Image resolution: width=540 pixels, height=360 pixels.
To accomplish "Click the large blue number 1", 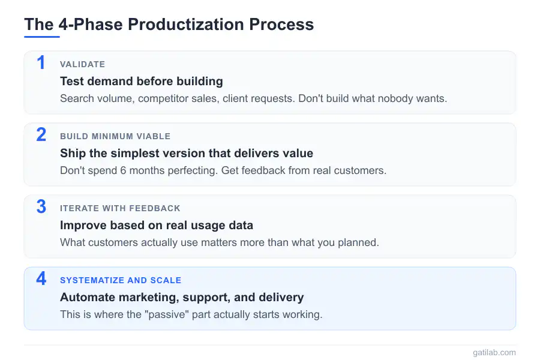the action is (x=41, y=62).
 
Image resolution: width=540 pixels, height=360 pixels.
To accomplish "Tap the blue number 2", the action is (x=41, y=134).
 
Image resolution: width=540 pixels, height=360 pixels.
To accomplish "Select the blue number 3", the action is (x=41, y=206).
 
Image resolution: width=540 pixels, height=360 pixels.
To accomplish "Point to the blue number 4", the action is (x=41, y=278).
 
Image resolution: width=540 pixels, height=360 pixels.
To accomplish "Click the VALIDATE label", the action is (x=83, y=64).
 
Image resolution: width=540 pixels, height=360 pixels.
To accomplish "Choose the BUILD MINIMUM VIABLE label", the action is (x=115, y=136).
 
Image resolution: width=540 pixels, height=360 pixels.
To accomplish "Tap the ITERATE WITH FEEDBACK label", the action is (x=120, y=208).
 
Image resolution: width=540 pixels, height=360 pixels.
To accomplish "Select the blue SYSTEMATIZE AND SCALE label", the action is (x=121, y=280).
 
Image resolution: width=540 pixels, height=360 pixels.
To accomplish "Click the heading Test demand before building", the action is (x=142, y=82).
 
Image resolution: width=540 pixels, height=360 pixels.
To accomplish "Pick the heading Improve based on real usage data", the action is (x=157, y=226).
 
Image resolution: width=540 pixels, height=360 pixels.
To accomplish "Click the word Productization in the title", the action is (x=185, y=25).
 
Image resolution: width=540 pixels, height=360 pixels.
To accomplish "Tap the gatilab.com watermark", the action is (x=494, y=352).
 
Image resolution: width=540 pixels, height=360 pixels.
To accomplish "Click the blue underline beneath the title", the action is (x=42, y=37).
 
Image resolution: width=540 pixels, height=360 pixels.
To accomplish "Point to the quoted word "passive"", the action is (x=167, y=314).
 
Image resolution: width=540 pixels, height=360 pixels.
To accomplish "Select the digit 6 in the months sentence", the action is (x=123, y=170).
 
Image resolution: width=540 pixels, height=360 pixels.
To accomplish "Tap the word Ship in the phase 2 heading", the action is (x=73, y=154).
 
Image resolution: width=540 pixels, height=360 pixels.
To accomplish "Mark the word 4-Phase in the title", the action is (x=91, y=25).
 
